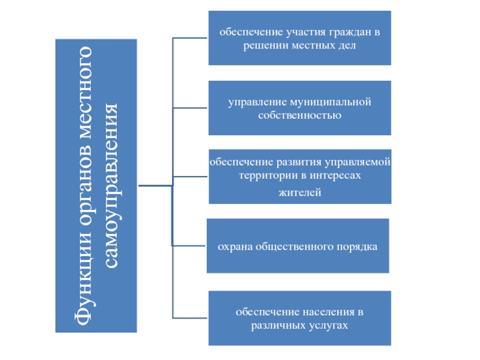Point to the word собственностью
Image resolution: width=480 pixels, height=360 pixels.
coord(300,115)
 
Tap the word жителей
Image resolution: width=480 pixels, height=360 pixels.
coord(300,193)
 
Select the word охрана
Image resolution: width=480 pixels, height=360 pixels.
coord(233,247)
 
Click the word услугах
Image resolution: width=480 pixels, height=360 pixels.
coord(331,325)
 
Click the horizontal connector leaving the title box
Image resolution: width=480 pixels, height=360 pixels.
coord(155,185)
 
